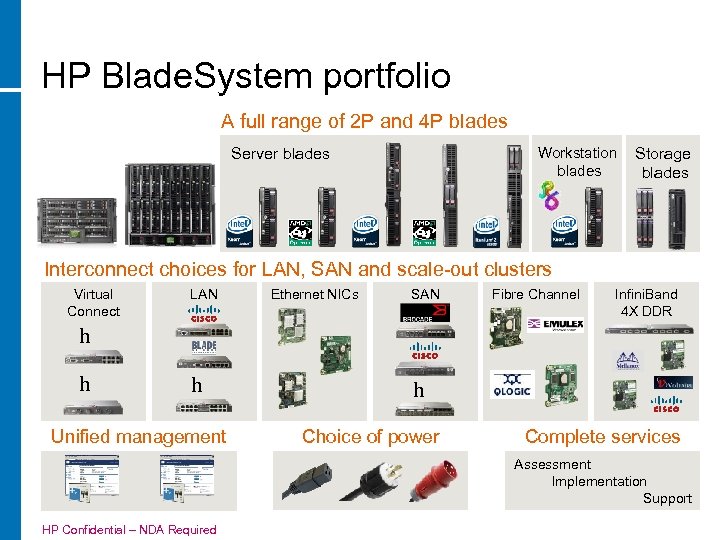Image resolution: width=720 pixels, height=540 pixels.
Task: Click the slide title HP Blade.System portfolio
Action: (x=246, y=76)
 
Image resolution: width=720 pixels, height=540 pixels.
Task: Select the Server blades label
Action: (x=280, y=154)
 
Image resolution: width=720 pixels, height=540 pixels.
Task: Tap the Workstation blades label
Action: (x=577, y=162)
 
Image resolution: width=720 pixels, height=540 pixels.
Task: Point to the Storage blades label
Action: (x=663, y=163)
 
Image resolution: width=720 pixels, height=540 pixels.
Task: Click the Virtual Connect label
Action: (x=93, y=303)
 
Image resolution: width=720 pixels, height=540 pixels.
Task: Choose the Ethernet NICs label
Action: (x=314, y=294)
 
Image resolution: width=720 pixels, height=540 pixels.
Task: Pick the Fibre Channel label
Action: (x=535, y=294)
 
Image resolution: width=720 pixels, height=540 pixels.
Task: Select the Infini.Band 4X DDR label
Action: (x=646, y=303)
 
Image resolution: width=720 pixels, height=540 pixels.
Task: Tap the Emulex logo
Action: (x=555, y=324)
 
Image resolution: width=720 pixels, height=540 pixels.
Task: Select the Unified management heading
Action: (x=138, y=436)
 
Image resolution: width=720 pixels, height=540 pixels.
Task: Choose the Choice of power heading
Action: (x=370, y=436)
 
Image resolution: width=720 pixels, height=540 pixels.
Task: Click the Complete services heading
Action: (x=602, y=436)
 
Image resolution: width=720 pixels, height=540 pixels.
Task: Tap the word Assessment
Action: (x=552, y=464)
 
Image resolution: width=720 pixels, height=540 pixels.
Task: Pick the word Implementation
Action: (x=599, y=481)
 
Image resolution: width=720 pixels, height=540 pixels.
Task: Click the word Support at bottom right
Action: (x=667, y=498)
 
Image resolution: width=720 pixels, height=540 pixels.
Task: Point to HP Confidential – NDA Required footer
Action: (x=129, y=529)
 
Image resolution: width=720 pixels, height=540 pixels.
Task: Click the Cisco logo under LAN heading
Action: (x=204, y=315)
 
